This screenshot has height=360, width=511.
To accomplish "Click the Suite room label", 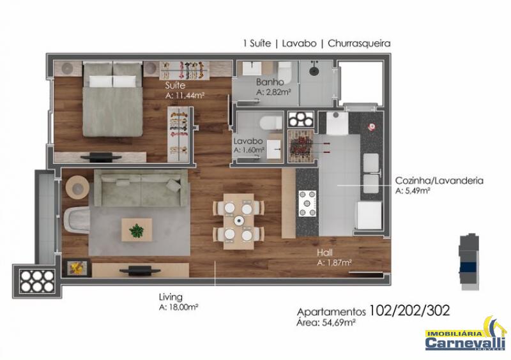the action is [175, 86].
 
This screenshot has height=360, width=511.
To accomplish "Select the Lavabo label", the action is [248, 141].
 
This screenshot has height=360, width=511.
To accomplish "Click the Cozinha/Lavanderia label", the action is [439, 181].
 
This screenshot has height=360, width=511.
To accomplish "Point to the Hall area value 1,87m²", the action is [337, 262].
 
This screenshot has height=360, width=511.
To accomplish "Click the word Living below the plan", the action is [171, 297].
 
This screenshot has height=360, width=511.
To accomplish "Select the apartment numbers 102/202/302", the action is [409, 310].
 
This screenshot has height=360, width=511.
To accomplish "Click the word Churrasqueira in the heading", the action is [359, 43].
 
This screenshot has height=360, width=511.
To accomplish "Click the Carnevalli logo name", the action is [465, 342].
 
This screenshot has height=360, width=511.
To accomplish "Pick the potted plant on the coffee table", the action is [136, 230].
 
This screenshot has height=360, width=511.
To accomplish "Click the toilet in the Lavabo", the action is [271, 123].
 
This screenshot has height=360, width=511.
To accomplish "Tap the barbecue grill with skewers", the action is [300, 146].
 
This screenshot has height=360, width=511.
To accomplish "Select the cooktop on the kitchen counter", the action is [308, 204].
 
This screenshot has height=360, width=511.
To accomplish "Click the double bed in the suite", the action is [112, 99].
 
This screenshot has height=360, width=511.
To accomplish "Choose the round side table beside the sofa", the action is [77, 188].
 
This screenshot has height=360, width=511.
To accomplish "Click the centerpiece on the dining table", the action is [239, 221].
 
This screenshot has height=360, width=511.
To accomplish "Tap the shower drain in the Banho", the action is [314, 70].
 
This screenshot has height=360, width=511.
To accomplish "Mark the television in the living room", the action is [140, 270].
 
